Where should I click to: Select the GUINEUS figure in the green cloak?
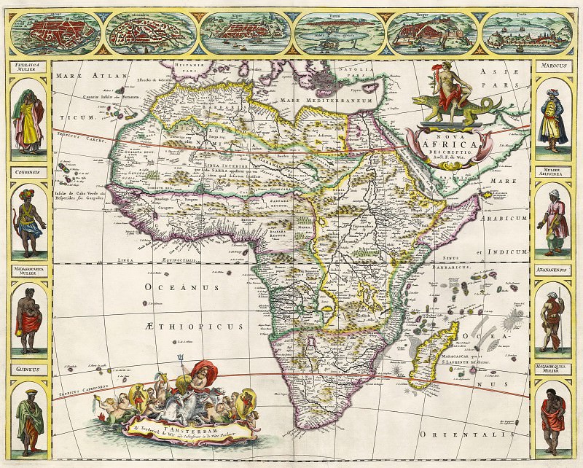pos(29,423)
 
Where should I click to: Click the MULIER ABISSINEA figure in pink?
pos(552,219)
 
